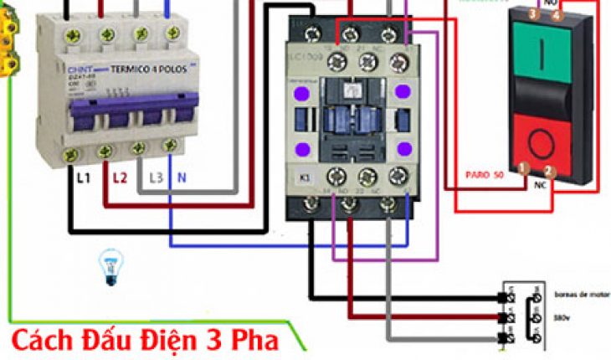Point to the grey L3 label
[x=156, y=177]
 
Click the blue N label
[x=182, y=177]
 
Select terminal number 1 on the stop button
[x=522, y=167]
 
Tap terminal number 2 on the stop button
[x=548, y=171]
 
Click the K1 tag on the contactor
[x=305, y=178]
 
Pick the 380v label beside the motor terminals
[x=562, y=319]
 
